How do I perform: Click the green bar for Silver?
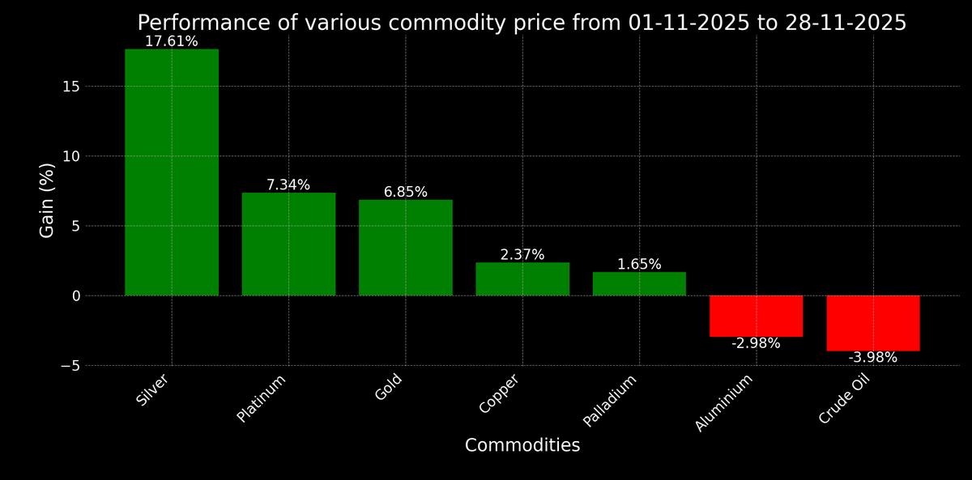(172, 172)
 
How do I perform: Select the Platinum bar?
(288, 244)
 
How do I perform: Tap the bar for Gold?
(405, 247)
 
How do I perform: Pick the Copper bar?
(522, 278)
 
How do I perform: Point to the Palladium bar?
(639, 283)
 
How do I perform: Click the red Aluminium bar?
(756, 316)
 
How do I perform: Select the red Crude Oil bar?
(872, 323)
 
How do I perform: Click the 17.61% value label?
(171, 41)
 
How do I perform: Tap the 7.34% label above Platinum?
(288, 185)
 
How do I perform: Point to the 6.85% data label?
(405, 192)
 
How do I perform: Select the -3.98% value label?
(872, 358)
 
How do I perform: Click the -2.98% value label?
(756, 343)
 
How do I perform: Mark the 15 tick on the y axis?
(71, 87)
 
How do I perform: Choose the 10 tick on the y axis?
(71, 156)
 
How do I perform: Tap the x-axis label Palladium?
(611, 400)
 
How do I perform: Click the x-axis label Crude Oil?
(844, 398)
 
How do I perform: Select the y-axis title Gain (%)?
(48, 200)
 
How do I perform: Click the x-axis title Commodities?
(522, 446)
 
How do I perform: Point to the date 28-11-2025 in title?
(845, 23)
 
